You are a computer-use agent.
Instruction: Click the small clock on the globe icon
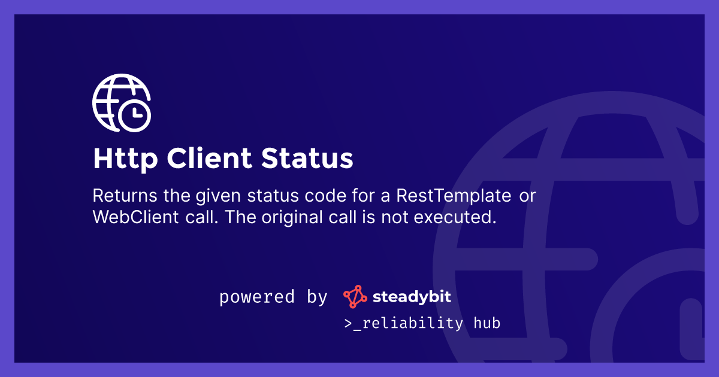[x=134, y=113]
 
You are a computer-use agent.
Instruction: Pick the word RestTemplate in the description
[x=455, y=196]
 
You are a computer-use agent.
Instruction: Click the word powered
[x=257, y=297]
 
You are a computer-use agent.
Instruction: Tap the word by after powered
[x=317, y=297]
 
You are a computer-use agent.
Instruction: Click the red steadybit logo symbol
[x=355, y=297]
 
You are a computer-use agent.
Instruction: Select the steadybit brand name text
[x=412, y=297]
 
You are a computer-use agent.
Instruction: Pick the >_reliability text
[x=403, y=323]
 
